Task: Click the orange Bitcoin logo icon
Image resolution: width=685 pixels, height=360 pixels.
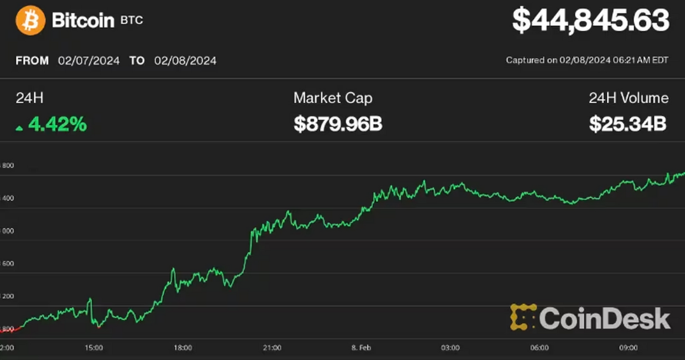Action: click(30, 20)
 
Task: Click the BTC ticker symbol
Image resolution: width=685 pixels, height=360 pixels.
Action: click(131, 21)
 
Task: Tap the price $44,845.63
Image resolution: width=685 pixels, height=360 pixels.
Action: click(590, 21)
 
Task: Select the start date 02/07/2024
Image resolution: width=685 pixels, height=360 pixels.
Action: click(89, 61)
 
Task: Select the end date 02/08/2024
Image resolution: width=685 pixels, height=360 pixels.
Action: click(185, 61)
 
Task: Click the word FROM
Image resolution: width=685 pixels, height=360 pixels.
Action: click(32, 61)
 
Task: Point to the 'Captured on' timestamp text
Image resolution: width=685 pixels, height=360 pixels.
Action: click(586, 60)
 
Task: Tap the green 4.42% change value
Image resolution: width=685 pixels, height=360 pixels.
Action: click(57, 124)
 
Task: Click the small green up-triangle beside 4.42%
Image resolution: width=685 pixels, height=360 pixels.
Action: click(19, 128)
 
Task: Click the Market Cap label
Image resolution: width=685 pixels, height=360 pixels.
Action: click(333, 98)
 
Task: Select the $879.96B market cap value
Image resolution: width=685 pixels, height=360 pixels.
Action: click(338, 124)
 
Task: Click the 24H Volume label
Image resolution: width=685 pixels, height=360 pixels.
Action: click(629, 98)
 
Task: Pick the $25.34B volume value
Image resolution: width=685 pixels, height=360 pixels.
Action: click(627, 124)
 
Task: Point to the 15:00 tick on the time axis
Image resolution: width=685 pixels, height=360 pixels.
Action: click(94, 347)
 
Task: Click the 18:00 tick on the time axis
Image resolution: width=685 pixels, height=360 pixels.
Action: click(182, 347)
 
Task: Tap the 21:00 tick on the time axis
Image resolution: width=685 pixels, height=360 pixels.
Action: click(272, 347)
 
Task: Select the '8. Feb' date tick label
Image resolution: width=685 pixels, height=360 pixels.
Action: click(361, 347)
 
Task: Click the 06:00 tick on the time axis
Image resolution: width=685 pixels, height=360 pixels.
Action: click(539, 347)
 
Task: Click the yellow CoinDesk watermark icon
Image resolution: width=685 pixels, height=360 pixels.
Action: click(523, 317)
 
